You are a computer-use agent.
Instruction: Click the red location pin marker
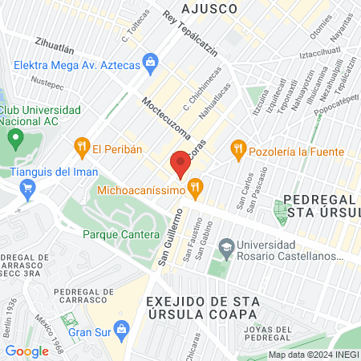point(180,165)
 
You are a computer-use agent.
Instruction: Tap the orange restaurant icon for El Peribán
point(81,146)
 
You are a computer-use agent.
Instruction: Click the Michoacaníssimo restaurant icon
point(194,189)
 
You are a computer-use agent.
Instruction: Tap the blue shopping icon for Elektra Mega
point(150,62)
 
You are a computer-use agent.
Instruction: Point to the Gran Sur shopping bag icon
point(121,328)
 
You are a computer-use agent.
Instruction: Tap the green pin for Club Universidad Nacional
point(14,140)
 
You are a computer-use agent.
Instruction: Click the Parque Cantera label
point(115,234)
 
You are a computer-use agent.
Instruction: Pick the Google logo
point(27,351)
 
